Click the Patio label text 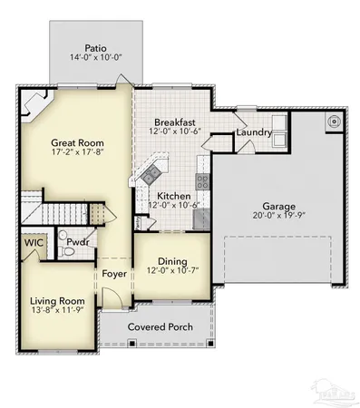point(95,47)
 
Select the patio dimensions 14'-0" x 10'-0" point(95,58)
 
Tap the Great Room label point(52,142)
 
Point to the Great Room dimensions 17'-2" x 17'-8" point(52,153)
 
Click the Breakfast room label point(174,121)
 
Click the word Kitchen point(174,195)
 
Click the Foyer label point(113,271)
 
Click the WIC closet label point(34,242)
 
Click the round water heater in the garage point(335,120)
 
